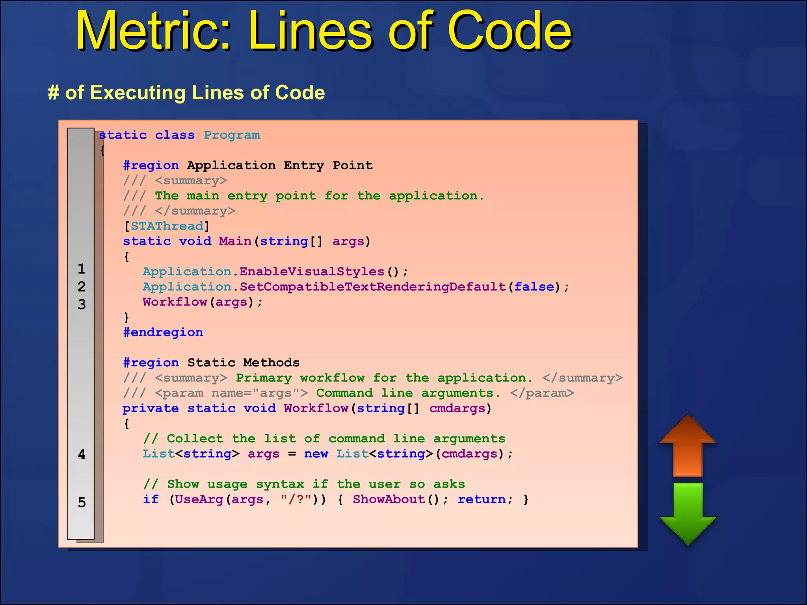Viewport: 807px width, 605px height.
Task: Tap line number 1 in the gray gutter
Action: [82, 269]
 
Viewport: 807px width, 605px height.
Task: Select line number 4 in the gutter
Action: [82, 455]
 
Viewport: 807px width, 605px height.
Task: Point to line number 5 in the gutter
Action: [82, 503]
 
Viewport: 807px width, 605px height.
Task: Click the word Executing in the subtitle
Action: [138, 93]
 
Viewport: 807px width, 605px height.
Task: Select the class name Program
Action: [232, 135]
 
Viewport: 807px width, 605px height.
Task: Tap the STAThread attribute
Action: [167, 226]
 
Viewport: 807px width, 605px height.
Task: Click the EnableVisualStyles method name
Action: [312, 272]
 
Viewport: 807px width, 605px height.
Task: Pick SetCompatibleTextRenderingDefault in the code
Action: [373, 287]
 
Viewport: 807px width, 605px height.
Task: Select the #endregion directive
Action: [163, 332]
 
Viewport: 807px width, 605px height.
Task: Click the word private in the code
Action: [151, 408]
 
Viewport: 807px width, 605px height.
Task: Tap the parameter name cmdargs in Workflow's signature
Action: [457, 408]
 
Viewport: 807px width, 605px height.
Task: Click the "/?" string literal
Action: [296, 499]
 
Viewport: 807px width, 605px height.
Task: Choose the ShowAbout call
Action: [389, 499]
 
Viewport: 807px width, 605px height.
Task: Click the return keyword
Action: [482, 499]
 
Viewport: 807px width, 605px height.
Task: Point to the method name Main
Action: [235, 241]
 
